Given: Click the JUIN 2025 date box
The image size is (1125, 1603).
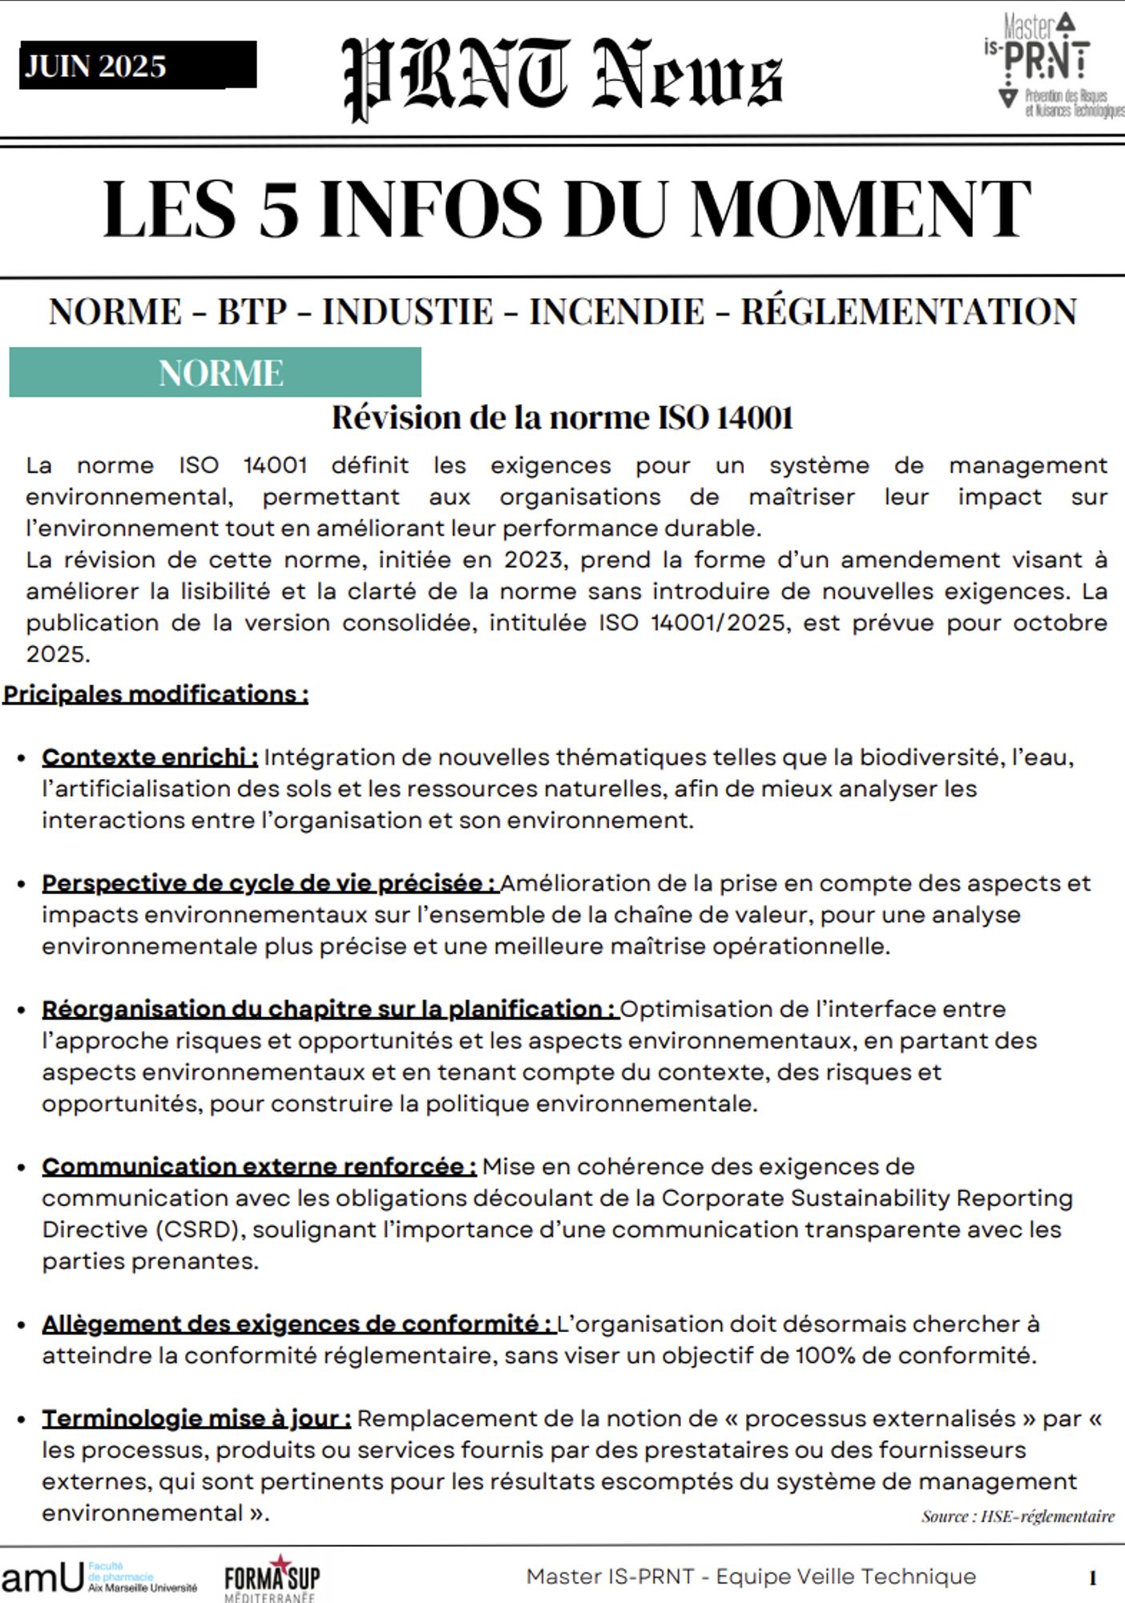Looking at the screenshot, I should pos(137,65).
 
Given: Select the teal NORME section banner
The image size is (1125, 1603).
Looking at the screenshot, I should pos(215,373).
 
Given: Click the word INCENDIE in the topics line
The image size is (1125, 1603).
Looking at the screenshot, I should pos(616,312).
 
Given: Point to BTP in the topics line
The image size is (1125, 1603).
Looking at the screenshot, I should pos(252,312).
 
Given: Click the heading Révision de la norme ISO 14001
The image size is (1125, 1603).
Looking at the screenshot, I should pos(562,418).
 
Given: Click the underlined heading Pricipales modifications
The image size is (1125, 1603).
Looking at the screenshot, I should pos(155,694).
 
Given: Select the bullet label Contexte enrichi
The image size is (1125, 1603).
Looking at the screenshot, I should pos(150,757).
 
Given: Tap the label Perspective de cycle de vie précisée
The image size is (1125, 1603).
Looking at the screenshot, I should pos(270,883).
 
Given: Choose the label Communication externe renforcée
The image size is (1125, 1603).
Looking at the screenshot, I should pos(259,1167).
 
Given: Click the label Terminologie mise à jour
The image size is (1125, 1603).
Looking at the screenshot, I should pos(196,1419).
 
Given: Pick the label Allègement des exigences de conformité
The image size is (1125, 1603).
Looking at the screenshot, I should pos(297,1324).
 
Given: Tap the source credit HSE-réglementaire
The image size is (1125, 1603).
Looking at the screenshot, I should pos(1047,1516).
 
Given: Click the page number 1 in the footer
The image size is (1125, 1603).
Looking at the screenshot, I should pos(1092,1579).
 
